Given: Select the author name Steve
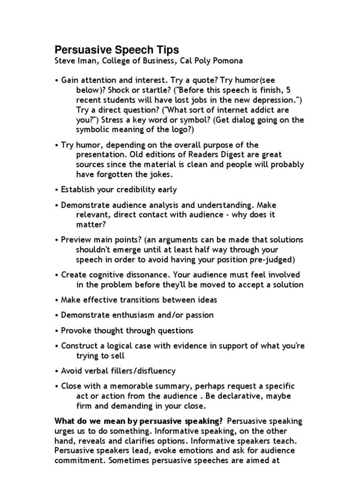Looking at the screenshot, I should [66, 61].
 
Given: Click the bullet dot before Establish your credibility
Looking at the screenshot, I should [56, 190].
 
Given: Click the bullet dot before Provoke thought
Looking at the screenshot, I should [56, 330].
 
